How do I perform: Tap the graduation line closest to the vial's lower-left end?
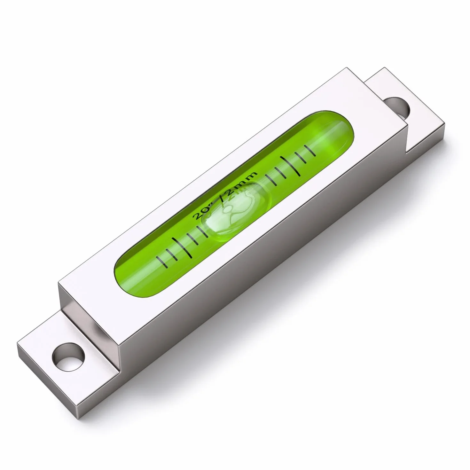[161, 260]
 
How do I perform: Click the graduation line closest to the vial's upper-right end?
[310, 150]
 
